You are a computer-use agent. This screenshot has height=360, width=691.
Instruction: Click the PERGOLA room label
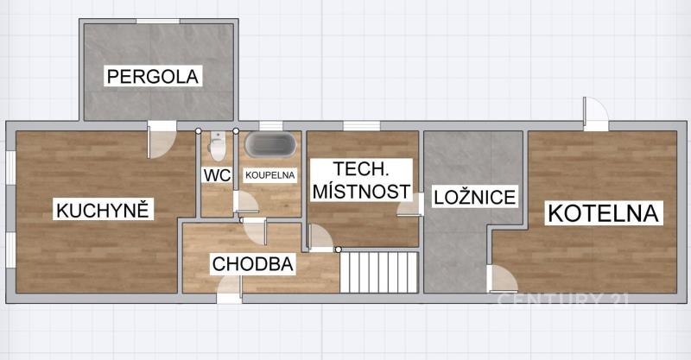coord(154,77)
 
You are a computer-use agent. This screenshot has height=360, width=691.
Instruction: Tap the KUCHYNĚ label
coord(103,210)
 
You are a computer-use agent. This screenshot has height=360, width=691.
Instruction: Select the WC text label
coord(218,175)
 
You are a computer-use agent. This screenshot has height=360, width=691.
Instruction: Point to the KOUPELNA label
coord(270,175)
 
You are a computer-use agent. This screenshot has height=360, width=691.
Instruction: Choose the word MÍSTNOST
coord(361,193)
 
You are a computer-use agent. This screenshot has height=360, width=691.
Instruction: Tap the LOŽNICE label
coord(474,197)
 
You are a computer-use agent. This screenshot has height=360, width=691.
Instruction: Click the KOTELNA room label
coord(603,213)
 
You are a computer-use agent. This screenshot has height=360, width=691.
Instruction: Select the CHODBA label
coord(252,264)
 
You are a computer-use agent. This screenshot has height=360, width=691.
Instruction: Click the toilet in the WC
coord(217,146)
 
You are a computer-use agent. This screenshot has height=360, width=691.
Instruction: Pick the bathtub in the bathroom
coord(270,144)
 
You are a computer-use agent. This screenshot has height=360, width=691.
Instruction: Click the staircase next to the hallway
coord(378,272)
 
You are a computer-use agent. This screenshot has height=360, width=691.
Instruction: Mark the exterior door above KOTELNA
coord(596,114)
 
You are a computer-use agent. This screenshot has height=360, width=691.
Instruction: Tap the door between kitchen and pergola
coord(162,140)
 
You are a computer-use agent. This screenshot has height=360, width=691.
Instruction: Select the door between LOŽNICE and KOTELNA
coord(502,279)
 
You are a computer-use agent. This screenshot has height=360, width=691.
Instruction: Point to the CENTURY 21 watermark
coord(563,300)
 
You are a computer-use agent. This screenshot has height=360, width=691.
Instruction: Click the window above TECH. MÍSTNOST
coord(362,126)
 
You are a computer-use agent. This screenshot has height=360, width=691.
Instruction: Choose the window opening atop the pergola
coord(158,21)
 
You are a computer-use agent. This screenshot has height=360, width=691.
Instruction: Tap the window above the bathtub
coord(271,126)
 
